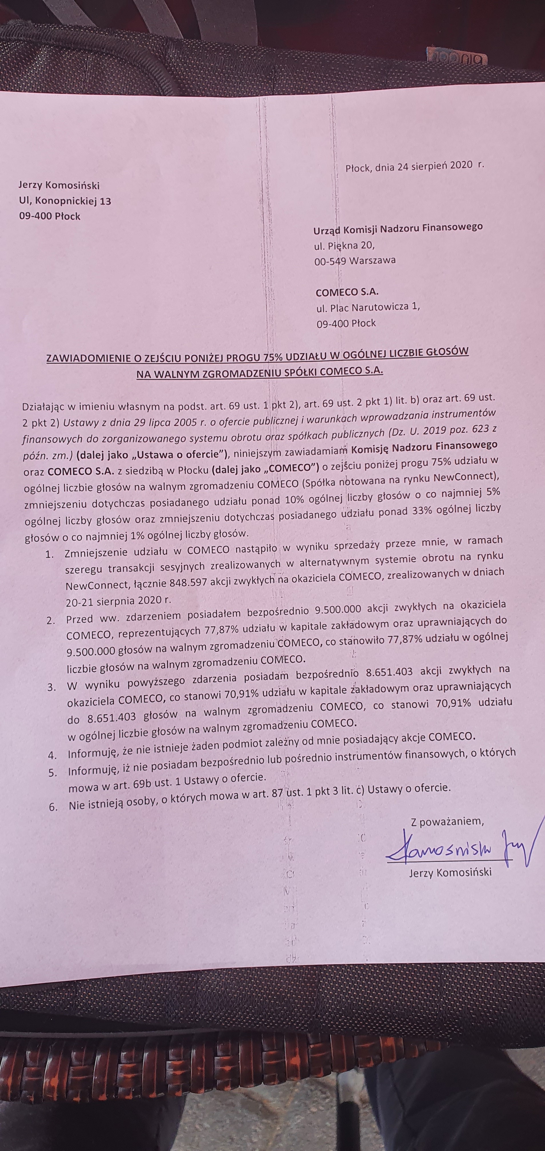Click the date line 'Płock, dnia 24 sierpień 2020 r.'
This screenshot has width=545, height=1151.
[414, 166]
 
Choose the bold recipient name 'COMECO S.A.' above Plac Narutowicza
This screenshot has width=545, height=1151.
[347, 293]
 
